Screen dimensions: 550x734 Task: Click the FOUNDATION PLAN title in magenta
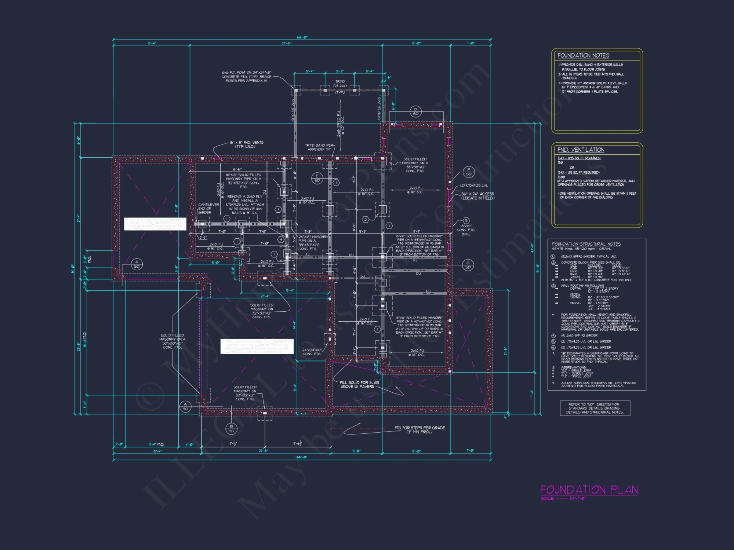[589, 489]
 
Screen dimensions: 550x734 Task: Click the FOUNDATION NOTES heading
[583, 55]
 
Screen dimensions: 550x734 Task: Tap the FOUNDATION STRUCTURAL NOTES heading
[586, 244]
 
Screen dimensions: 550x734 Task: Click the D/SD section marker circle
[415, 111]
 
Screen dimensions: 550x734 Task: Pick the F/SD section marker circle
[469, 172]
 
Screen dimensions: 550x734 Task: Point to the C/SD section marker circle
[468, 265]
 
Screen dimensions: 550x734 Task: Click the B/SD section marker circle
[231, 429]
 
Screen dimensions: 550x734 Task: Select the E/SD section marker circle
[317, 178]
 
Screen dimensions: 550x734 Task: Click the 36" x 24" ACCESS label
[477, 196]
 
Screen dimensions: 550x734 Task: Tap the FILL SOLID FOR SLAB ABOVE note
[359, 384]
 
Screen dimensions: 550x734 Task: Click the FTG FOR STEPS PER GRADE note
[419, 430]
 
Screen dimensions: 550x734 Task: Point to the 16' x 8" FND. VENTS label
[246, 144]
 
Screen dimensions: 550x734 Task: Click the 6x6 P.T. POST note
[246, 77]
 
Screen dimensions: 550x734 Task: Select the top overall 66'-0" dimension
[302, 37]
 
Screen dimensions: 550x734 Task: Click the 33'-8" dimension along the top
[286, 43]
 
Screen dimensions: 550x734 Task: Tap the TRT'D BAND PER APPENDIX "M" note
[319, 147]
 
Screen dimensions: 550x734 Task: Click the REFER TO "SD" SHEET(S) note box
[595, 408]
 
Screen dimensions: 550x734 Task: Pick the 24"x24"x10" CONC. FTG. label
[312, 352]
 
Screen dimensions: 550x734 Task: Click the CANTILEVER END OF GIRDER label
[208, 209]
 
